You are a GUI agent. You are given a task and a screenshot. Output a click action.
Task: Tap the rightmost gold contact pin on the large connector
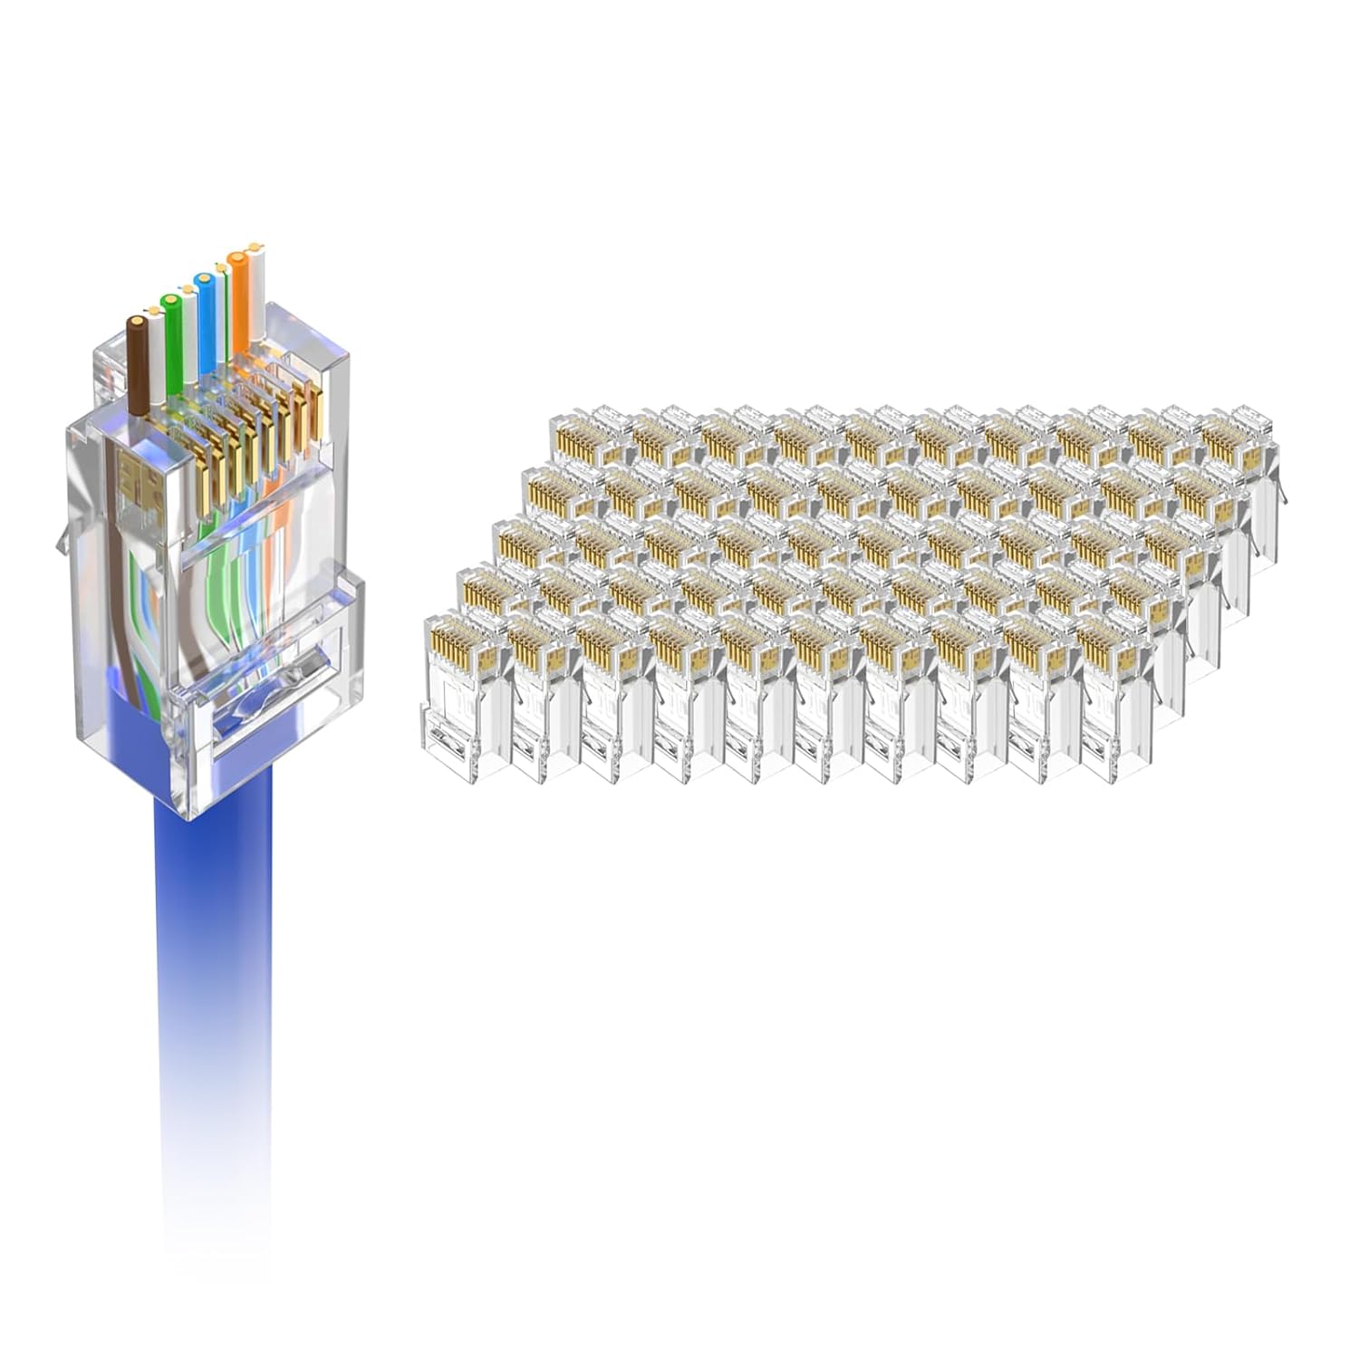(315, 412)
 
